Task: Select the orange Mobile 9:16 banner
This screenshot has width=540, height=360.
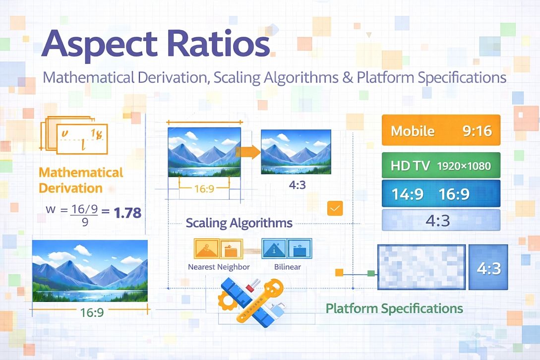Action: point(441,131)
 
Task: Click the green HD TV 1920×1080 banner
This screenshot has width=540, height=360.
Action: point(441,166)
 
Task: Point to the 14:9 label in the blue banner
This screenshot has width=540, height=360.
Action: point(408,193)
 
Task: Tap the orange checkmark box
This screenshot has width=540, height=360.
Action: point(335,209)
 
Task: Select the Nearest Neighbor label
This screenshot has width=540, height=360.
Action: point(219,267)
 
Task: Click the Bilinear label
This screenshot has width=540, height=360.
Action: point(287,267)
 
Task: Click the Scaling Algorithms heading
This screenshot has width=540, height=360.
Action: point(239,223)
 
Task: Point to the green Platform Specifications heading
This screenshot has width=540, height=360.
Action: point(394,308)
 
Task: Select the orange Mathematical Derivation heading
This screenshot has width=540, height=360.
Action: point(81,180)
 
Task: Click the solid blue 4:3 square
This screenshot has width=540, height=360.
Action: point(488,267)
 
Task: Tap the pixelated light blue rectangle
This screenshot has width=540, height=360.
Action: point(421,267)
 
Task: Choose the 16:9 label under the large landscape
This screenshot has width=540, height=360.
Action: point(92,313)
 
